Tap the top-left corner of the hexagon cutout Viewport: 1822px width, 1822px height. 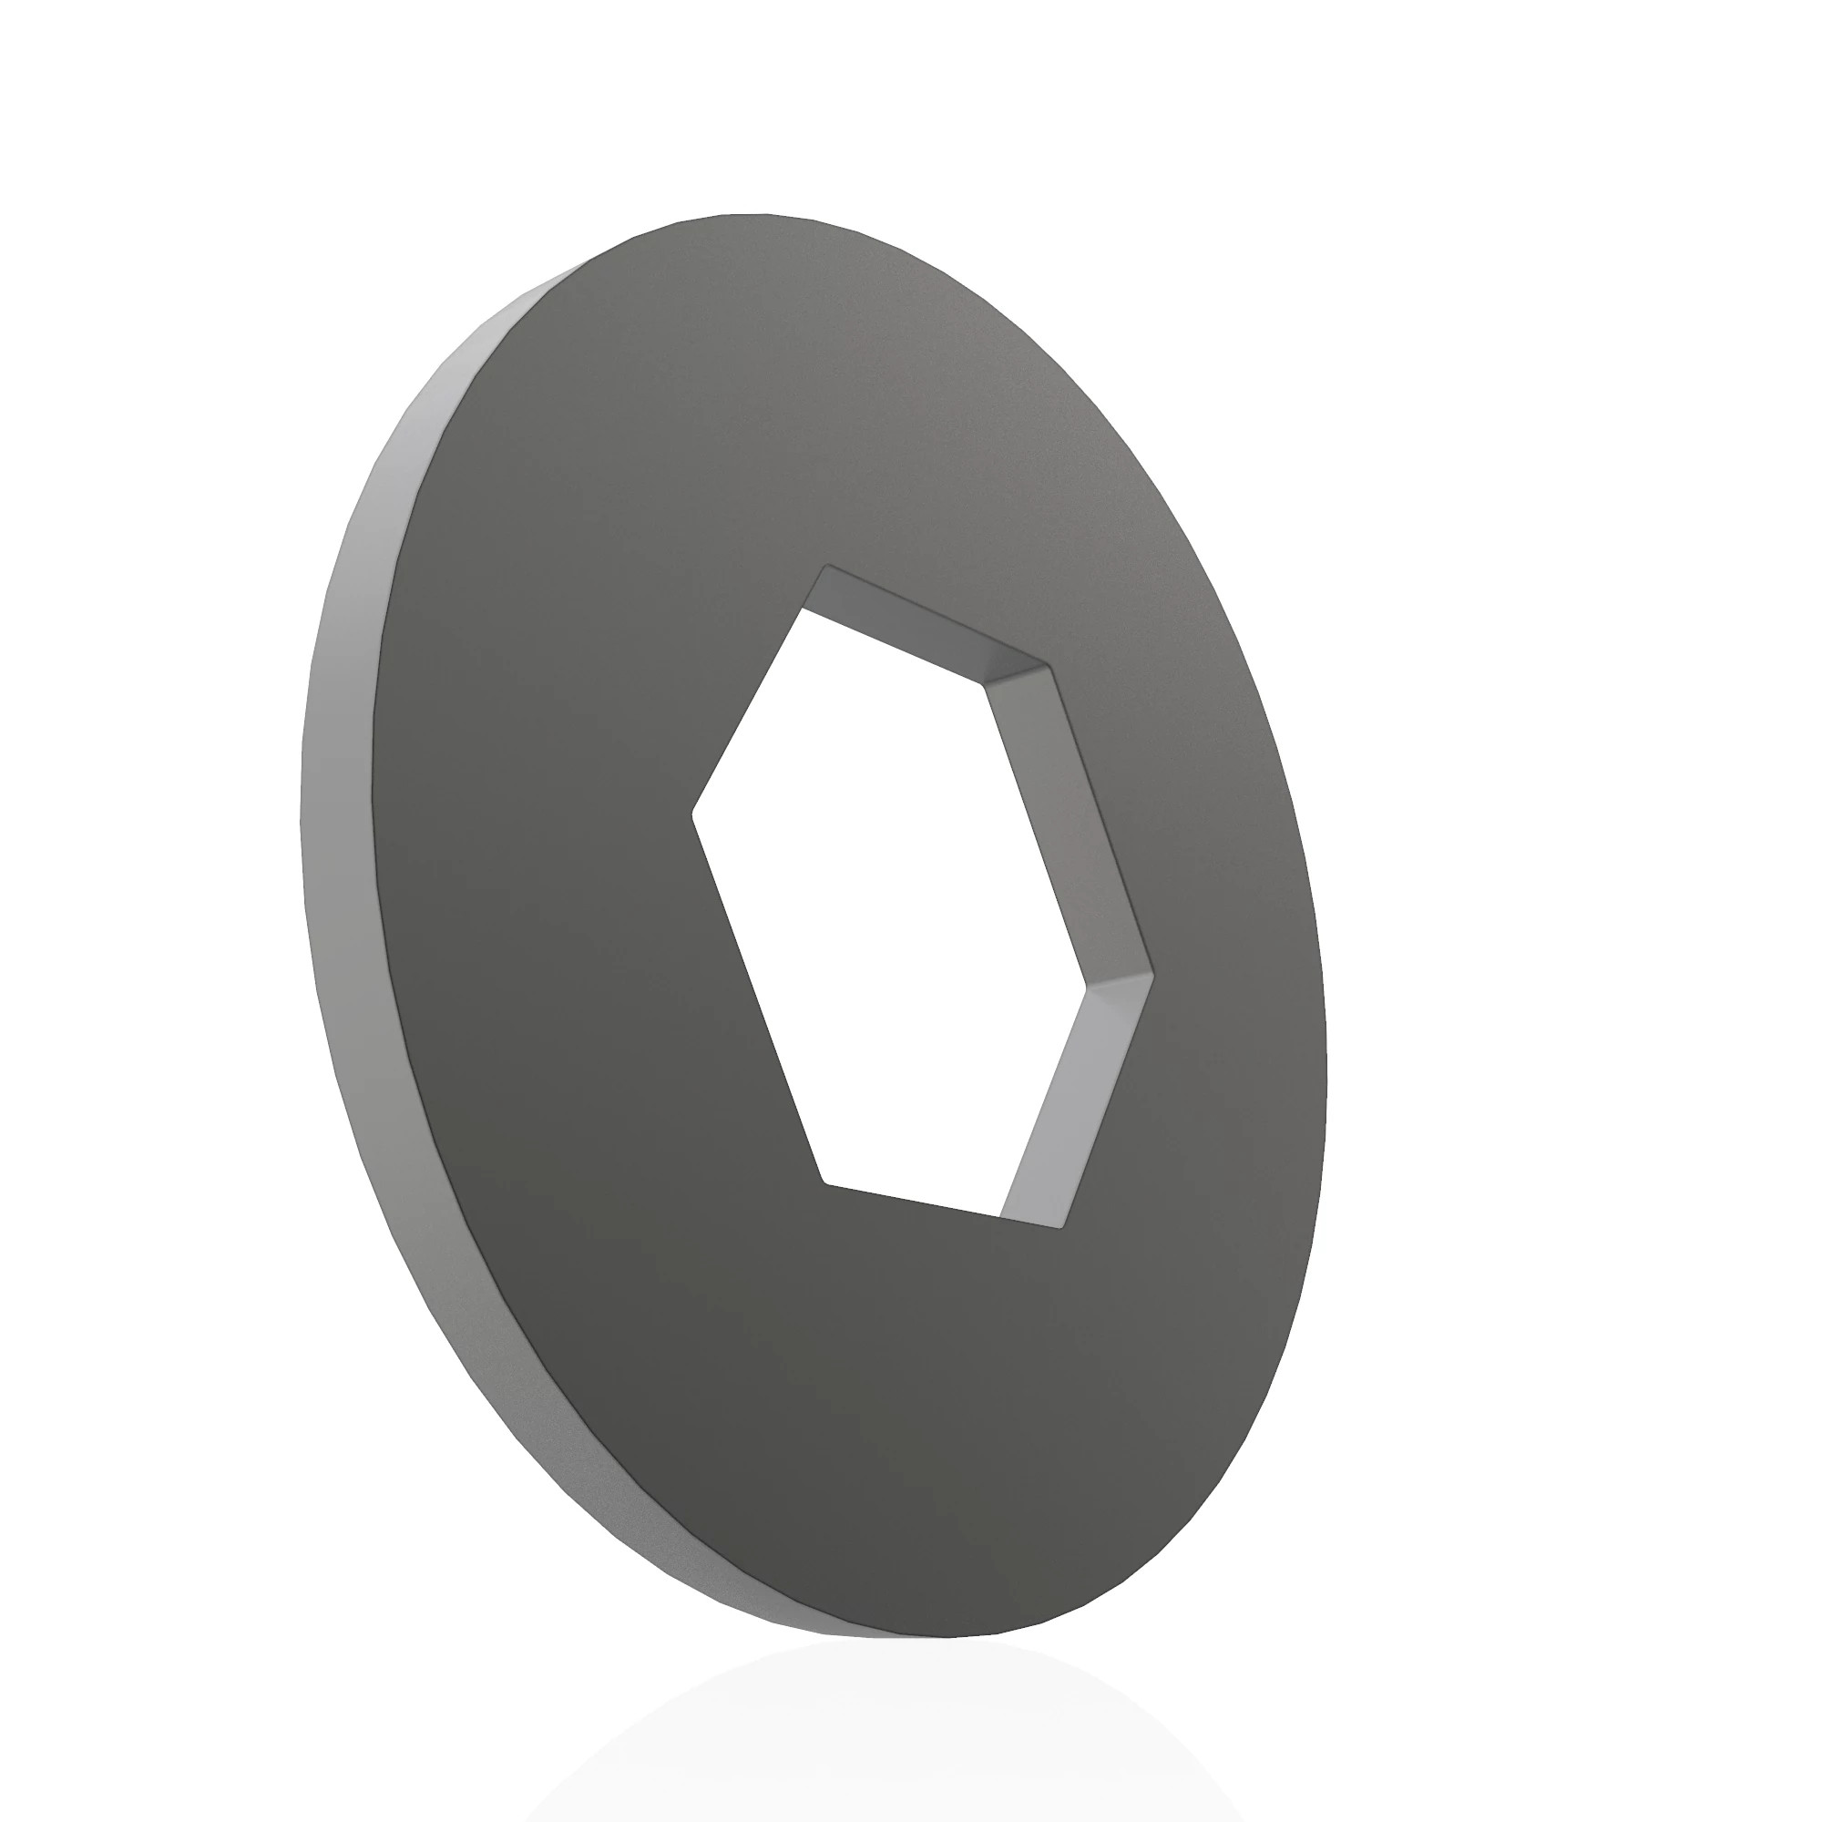[828, 566]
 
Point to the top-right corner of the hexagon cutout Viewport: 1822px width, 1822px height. [1048, 666]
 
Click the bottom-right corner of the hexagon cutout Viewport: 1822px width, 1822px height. [1063, 1228]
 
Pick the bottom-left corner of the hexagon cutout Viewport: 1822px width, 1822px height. [824, 1182]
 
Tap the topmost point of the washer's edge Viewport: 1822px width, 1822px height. [745, 214]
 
